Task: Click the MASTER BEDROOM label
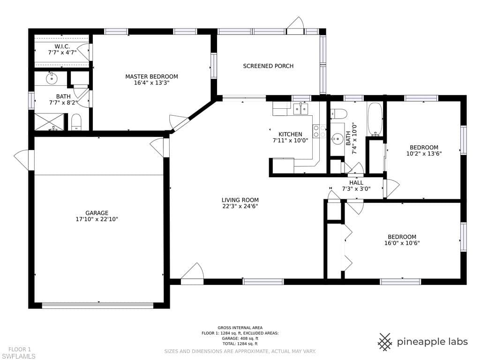tap(151, 76)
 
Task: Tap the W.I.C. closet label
tap(62, 46)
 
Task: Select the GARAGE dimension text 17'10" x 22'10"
tap(97, 219)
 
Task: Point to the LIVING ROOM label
tap(240, 200)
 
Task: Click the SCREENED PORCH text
tap(268, 66)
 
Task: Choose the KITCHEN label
tap(290, 135)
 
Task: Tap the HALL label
tap(356, 183)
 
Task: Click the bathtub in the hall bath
tap(375, 120)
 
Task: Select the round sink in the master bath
tap(52, 79)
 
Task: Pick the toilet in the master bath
tap(76, 122)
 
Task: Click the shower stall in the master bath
tap(49, 122)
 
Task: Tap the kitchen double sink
tap(300, 109)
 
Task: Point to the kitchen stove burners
tap(319, 131)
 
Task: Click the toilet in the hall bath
tap(338, 114)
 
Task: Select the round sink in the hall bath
tap(337, 138)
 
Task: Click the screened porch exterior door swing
tap(295, 24)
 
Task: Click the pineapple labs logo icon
tap(385, 342)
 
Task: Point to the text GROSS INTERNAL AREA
tap(240, 328)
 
